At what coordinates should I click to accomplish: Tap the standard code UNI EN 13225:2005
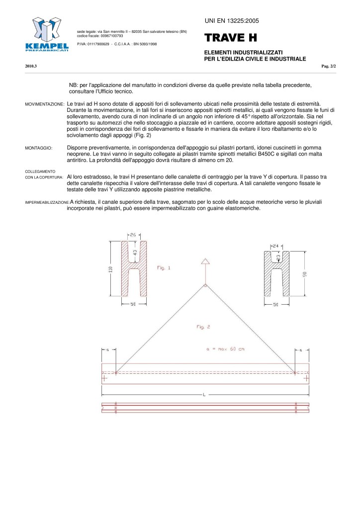[232, 20]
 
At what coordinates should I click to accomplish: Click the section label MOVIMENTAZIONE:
[44, 104]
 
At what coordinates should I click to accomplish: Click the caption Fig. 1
[164, 268]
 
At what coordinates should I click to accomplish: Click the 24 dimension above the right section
[276, 246]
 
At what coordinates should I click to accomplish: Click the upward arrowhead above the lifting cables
[205, 262]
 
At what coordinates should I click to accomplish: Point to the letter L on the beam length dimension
[204, 394]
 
